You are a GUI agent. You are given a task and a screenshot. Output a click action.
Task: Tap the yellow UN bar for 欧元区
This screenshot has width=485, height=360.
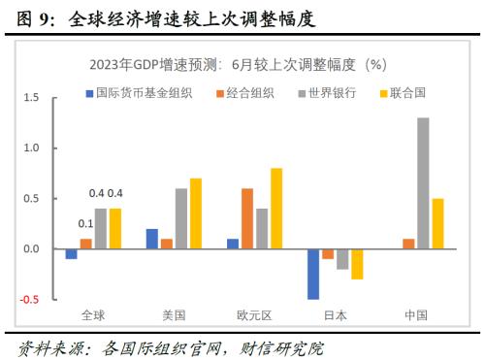tap(276, 209)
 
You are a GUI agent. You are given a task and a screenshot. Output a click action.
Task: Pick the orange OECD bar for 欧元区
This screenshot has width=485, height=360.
tap(247, 218)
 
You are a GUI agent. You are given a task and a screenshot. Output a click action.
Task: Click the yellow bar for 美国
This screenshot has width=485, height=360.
tap(196, 213)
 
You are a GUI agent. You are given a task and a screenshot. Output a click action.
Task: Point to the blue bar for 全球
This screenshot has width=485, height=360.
tap(71, 254)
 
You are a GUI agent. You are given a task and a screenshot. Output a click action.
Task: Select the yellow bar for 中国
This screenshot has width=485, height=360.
tap(437, 224)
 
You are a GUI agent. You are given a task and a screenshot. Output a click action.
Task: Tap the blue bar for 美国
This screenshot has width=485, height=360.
tap(151, 239)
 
